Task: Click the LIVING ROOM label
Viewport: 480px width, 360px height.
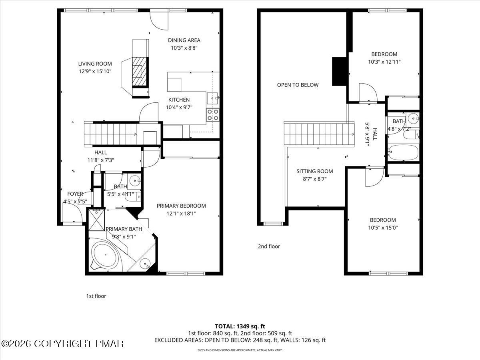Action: click(95, 64)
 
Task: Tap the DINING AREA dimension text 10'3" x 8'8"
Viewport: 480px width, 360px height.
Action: click(184, 48)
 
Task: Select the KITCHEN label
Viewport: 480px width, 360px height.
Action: click(179, 100)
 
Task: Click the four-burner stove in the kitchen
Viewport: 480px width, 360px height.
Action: click(213, 115)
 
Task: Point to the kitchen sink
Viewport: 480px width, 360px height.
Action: click(212, 98)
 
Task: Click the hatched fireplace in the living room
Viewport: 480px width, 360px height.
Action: click(139, 72)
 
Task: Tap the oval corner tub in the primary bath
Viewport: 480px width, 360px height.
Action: click(106, 255)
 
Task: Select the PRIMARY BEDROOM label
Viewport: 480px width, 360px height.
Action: click(181, 206)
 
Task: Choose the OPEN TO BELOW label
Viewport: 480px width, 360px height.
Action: click(298, 85)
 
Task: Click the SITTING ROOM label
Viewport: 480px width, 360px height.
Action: click(315, 171)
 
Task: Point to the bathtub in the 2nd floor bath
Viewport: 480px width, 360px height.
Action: click(404, 152)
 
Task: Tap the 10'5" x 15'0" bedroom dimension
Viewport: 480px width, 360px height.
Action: click(383, 228)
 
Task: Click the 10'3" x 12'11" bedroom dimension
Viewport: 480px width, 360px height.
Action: click(384, 62)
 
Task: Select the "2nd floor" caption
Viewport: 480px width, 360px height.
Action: click(269, 246)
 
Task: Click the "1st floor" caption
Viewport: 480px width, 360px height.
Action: click(96, 296)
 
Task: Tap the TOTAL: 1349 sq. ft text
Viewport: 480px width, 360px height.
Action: click(240, 326)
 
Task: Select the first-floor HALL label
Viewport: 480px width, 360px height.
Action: click(100, 152)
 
